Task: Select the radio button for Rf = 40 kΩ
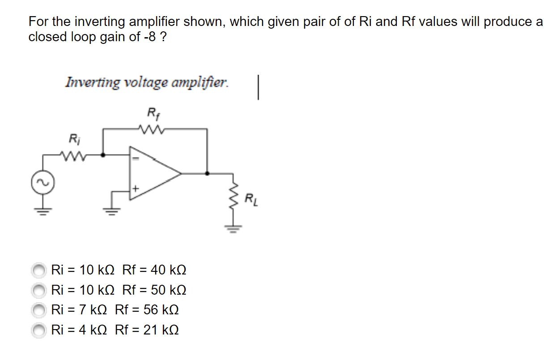[39, 270]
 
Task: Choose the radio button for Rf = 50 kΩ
[39, 291]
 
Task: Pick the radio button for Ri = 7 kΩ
[39, 310]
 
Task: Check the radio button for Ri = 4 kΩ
[39, 330]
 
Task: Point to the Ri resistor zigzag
[72, 155]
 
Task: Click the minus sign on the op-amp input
[137, 158]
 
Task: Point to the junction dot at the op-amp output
[207, 173]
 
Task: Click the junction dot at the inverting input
[103, 155]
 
